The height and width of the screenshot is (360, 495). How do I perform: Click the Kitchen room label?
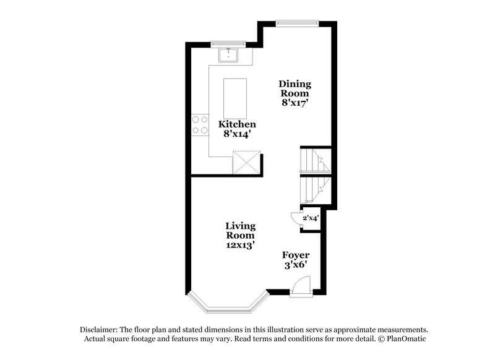pyautogui.click(x=237, y=124)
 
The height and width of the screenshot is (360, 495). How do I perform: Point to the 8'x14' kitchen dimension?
pyautogui.click(x=237, y=134)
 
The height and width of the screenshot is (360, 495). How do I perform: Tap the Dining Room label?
pyautogui.click(x=295, y=88)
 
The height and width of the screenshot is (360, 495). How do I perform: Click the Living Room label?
pyautogui.click(x=240, y=231)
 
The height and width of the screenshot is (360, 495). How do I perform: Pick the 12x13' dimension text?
pyautogui.click(x=240, y=244)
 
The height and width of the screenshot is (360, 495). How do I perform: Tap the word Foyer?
pyautogui.click(x=296, y=255)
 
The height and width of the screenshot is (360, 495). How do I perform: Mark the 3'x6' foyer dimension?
pyautogui.click(x=296, y=265)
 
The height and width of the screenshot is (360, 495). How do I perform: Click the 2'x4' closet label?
pyautogui.click(x=310, y=218)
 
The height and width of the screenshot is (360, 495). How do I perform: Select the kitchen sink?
pyautogui.click(x=230, y=55)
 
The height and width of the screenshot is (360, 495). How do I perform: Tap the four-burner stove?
pyautogui.click(x=199, y=124)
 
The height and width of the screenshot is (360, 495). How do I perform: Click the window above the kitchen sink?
pyautogui.click(x=228, y=43)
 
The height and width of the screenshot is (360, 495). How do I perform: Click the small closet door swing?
pyautogui.click(x=295, y=218)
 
